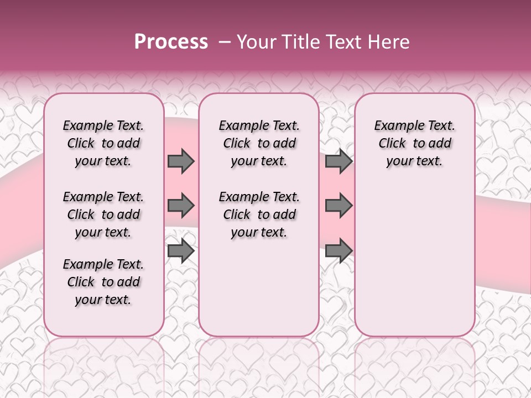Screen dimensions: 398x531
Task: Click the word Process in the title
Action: (171, 42)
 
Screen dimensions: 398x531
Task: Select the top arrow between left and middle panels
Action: (181, 161)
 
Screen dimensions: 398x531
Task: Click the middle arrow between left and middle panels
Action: (181, 206)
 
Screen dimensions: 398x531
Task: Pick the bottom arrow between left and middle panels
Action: (181, 250)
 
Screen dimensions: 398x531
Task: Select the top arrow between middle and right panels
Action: (339, 161)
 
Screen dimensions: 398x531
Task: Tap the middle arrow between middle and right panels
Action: (339, 206)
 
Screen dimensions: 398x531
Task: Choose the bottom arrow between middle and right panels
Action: (339, 250)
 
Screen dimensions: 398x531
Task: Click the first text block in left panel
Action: (103, 143)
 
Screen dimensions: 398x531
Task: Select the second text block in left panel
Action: (103, 214)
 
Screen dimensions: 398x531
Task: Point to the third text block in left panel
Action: (103, 282)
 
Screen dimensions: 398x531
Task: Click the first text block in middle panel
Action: (259, 143)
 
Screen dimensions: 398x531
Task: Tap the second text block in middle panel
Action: (259, 214)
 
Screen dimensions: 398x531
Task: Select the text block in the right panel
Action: (414, 143)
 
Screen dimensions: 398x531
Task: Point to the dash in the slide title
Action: (225, 42)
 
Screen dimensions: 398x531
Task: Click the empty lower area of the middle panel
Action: (259, 287)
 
